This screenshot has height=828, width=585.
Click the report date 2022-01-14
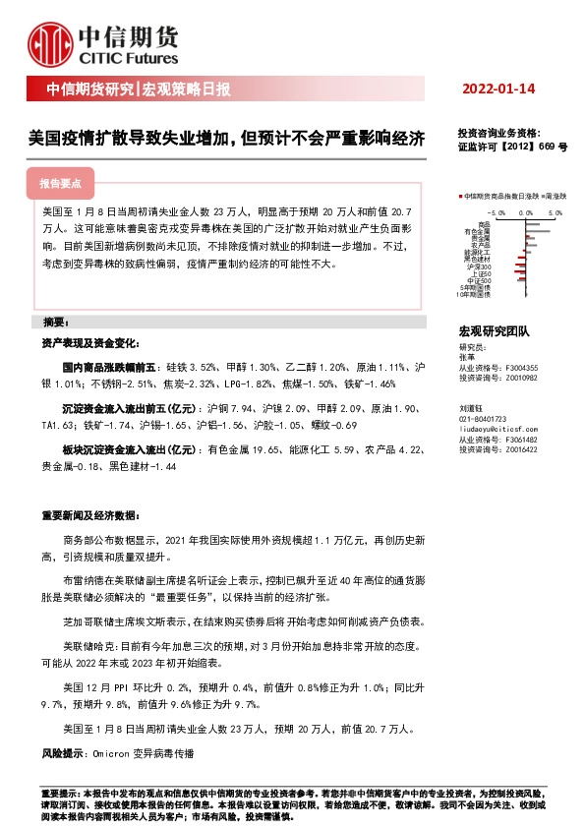click(x=498, y=89)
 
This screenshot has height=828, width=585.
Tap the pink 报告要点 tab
click(x=60, y=184)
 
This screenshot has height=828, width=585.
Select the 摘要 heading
click(x=56, y=323)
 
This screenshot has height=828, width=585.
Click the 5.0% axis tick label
click(x=555, y=211)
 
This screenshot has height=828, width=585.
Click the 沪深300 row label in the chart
click(x=481, y=266)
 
